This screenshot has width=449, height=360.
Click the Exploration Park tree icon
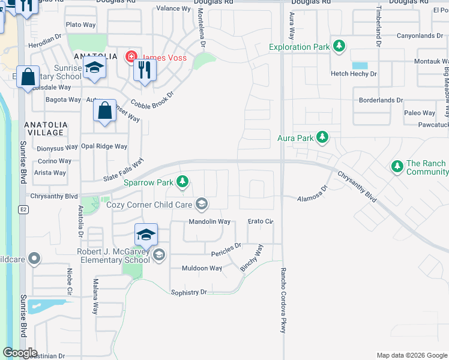click(x=339, y=47)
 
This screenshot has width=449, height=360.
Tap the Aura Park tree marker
click(x=322, y=138)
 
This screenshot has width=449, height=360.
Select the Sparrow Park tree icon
click(x=182, y=182)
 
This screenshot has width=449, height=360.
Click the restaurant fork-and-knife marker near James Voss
click(x=144, y=70)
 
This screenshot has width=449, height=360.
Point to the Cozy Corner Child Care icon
click(x=202, y=205)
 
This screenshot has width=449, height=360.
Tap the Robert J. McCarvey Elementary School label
click(x=113, y=256)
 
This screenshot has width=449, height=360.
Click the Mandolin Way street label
click(x=209, y=221)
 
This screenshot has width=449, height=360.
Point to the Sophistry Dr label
click(x=188, y=292)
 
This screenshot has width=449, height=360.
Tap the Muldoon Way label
click(x=202, y=268)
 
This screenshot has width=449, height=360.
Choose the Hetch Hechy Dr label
click(x=354, y=74)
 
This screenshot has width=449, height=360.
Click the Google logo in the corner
click(x=20, y=353)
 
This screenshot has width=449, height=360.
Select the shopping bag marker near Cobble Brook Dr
click(x=104, y=112)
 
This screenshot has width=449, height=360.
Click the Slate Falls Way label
click(x=124, y=170)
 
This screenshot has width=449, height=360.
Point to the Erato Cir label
click(x=261, y=222)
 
